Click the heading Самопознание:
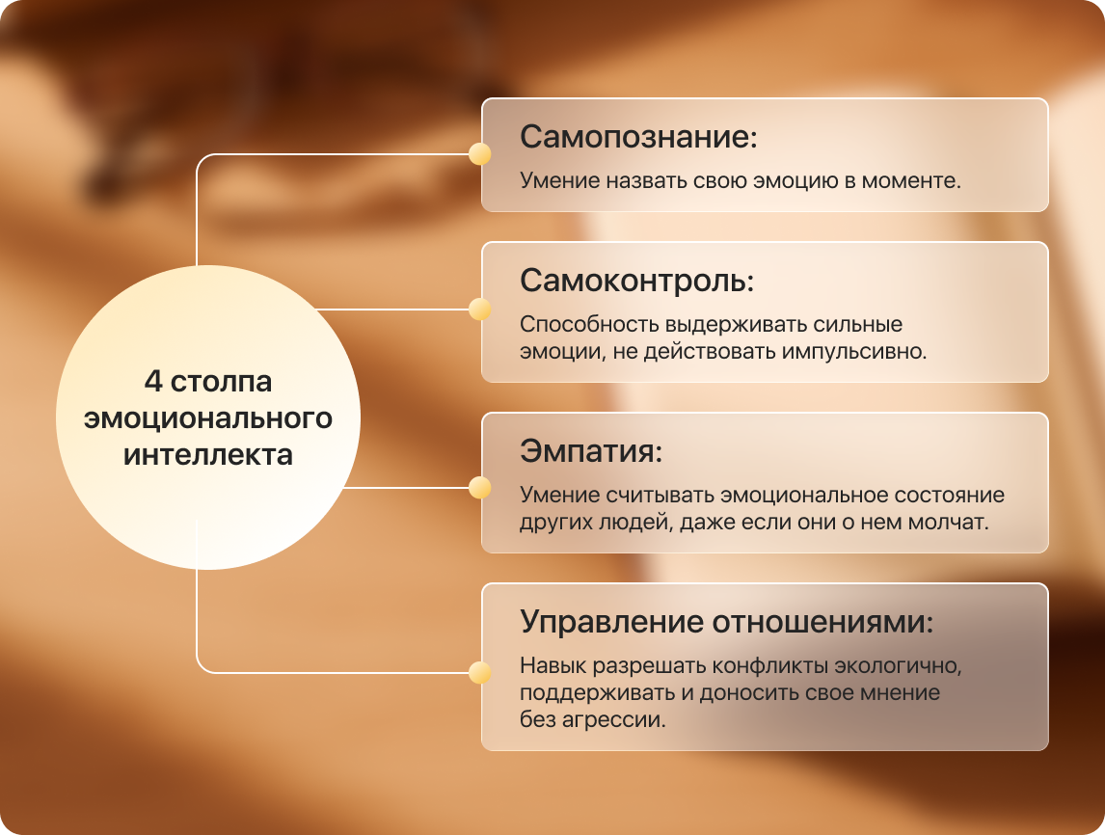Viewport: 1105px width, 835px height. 638,137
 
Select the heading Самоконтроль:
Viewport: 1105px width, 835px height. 637,282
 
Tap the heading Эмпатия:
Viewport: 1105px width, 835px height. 591,451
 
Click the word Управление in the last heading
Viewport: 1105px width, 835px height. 611,623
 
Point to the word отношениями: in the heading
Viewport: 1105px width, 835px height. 822,622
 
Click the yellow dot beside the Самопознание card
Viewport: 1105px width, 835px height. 480,153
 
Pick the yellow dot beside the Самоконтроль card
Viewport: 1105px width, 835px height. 480,309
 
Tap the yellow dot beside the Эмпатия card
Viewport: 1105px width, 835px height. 480,487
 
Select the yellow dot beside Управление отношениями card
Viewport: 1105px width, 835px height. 480,673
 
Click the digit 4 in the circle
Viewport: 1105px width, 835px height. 153,381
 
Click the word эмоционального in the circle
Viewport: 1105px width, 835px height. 208,418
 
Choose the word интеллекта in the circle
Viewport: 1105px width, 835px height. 208,455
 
